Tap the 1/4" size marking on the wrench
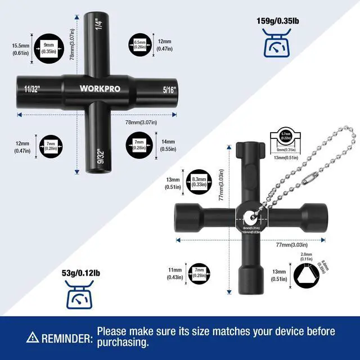pyautogui.click(x=98, y=24)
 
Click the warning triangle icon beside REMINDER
pyautogui.click(x=33, y=337)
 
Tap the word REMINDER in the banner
pyautogui.click(x=66, y=338)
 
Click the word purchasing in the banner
pyautogui.click(x=123, y=342)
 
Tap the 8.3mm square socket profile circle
pyautogui.click(x=199, y=183)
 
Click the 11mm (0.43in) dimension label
pyautogui.click(x=175, y=273)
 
